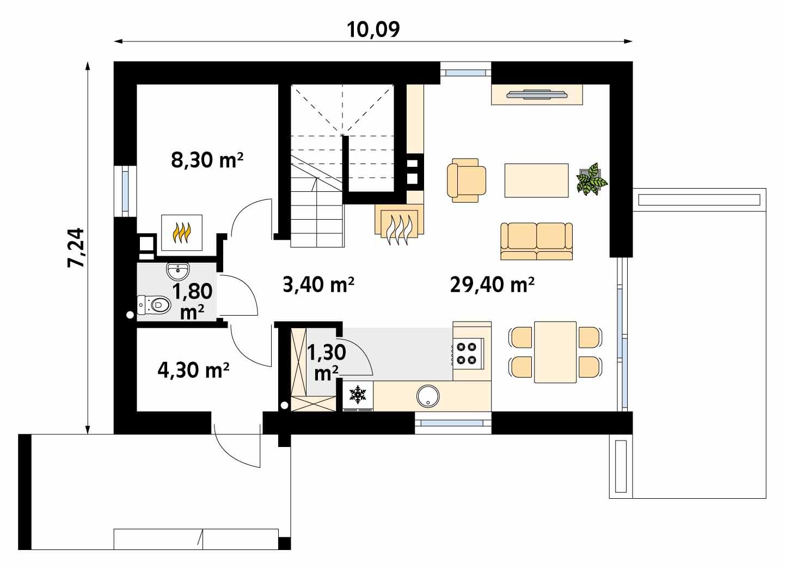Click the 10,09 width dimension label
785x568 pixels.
point(373,29)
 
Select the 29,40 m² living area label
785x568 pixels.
point(492,284)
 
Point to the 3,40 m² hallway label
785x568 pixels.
point(319,284)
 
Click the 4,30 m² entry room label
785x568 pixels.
point(193,370)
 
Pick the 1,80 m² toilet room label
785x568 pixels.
point(192,300)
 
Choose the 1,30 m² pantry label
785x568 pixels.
point(327,361)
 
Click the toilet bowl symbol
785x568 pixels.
point(153,305)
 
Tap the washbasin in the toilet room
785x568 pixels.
point(178,270)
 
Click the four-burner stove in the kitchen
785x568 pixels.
point(467,353)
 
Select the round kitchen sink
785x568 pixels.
point(428,396)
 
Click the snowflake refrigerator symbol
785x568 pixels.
point(358,395)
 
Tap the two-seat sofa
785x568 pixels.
point(536,240)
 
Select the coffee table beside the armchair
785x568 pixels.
point(536,180)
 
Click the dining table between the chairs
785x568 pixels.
point(555,352)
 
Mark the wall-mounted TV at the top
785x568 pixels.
point(537,94)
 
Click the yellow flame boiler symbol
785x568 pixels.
point(182,232)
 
